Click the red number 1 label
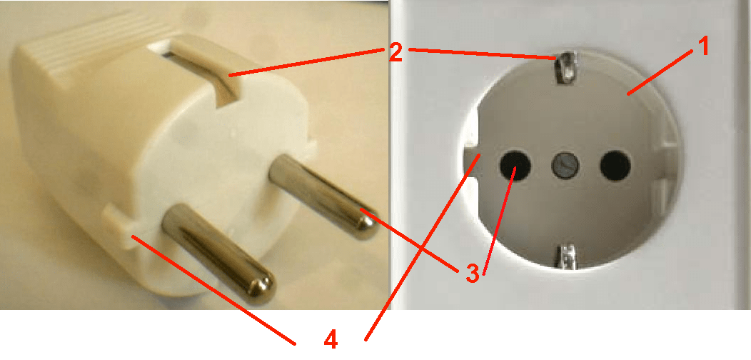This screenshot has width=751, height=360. [703, 48]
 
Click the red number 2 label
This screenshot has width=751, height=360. [396, 52]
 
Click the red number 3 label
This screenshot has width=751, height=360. [470, 271]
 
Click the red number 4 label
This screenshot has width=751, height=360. [329, 339]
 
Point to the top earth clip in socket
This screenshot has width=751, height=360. [567, 66]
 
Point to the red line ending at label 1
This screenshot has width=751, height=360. [664, 71]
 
